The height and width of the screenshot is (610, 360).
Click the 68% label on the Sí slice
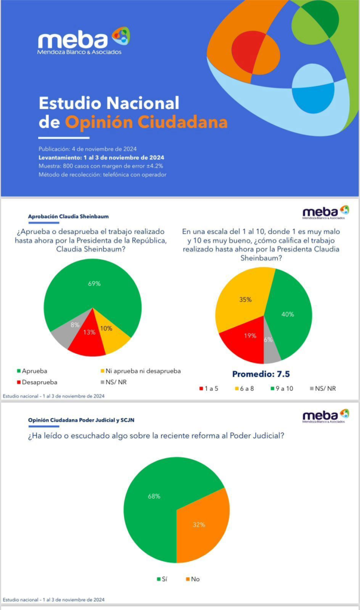[154, 496]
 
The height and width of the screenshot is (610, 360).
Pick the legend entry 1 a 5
[209, 388]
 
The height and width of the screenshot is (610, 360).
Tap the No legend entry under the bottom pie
[195, 578]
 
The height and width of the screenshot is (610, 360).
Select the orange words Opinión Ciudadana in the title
[146, 122]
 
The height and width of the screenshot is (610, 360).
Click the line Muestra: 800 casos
[101, 166]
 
